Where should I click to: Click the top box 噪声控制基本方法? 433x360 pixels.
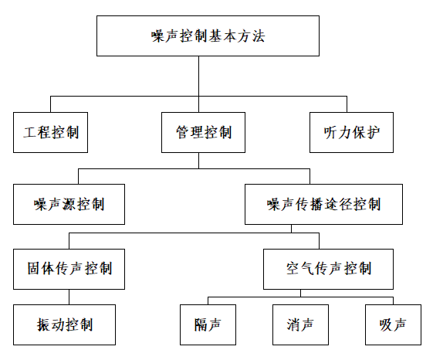coord(208,36)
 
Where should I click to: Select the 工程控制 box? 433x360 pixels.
coord(50,132)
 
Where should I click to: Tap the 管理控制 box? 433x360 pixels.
coord(203,132)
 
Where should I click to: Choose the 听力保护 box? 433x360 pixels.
coord(351,132)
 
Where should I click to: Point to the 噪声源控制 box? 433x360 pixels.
coord(69,204)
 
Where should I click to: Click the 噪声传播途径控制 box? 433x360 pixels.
coord(323,204)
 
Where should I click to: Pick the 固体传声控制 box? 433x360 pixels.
coord(69,270)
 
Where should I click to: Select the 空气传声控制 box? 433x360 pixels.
coord(328,270)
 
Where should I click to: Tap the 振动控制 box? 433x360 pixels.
coord(64,325)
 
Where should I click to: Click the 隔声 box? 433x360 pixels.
coord(208,325)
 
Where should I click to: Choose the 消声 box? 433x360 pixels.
coord(300,325)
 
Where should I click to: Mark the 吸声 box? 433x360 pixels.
coord(393,325)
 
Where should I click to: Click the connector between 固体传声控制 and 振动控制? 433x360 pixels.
coord(69,297)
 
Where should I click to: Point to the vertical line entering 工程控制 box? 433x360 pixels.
coord(50,104)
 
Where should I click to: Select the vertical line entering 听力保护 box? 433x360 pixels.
coord(347,104)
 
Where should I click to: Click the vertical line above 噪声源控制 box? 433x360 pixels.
coord(79,176)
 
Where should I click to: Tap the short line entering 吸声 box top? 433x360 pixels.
coord(393,301)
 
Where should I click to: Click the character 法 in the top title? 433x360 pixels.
coord(258,36)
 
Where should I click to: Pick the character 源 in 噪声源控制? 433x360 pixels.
coord(69,205)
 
